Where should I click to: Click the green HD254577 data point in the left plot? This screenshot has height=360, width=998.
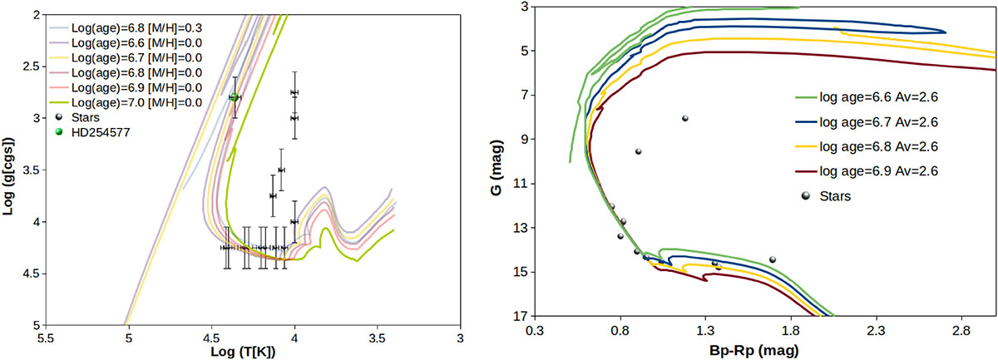234,97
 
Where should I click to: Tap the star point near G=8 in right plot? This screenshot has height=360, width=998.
685,118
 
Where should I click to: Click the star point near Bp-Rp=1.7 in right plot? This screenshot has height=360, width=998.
773,259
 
